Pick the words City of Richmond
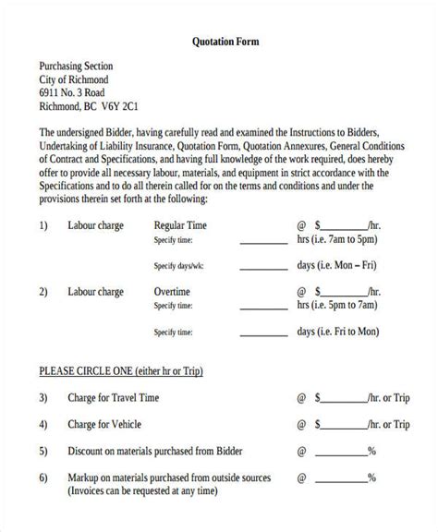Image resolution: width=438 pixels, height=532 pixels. (x=75, y=79)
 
